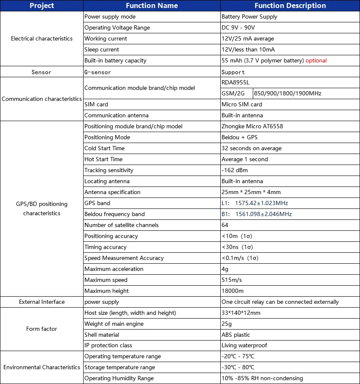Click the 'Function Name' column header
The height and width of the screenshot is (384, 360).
[152, 5]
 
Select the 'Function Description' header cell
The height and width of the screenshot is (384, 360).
[290, 5]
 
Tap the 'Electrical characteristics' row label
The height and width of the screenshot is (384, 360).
[42, 38]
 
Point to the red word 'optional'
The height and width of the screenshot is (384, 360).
[316, 60]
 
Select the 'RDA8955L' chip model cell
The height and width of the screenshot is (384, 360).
[235, 82]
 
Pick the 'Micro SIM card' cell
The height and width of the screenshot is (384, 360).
[242, 104]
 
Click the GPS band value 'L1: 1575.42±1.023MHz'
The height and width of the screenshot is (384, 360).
[254, 203]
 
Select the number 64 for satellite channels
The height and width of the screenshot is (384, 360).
[225, 225]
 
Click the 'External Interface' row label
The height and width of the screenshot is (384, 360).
[42, 302]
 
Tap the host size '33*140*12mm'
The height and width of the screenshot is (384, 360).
[241, 313]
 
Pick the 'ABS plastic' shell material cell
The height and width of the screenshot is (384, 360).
[236, 335]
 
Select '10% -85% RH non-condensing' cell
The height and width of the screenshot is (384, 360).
[262, 378]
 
